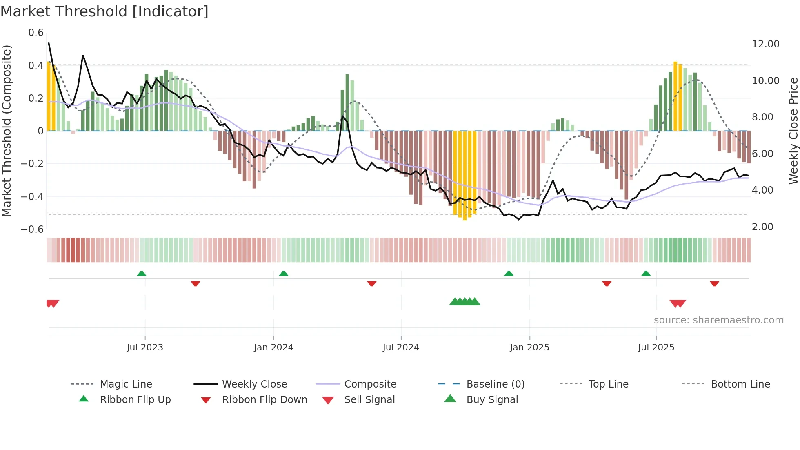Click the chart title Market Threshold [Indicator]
104,11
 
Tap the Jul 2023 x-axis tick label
145,348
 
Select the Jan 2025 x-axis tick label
529,348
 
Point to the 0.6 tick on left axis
36,33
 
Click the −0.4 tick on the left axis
32,196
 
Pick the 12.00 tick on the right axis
765,44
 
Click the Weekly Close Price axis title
793,131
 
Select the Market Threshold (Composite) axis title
7,131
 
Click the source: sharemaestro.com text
718,320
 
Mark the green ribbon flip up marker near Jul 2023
142,274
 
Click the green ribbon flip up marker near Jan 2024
284,274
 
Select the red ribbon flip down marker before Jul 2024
371,283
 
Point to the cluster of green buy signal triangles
464,302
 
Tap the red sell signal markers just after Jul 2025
678,303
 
